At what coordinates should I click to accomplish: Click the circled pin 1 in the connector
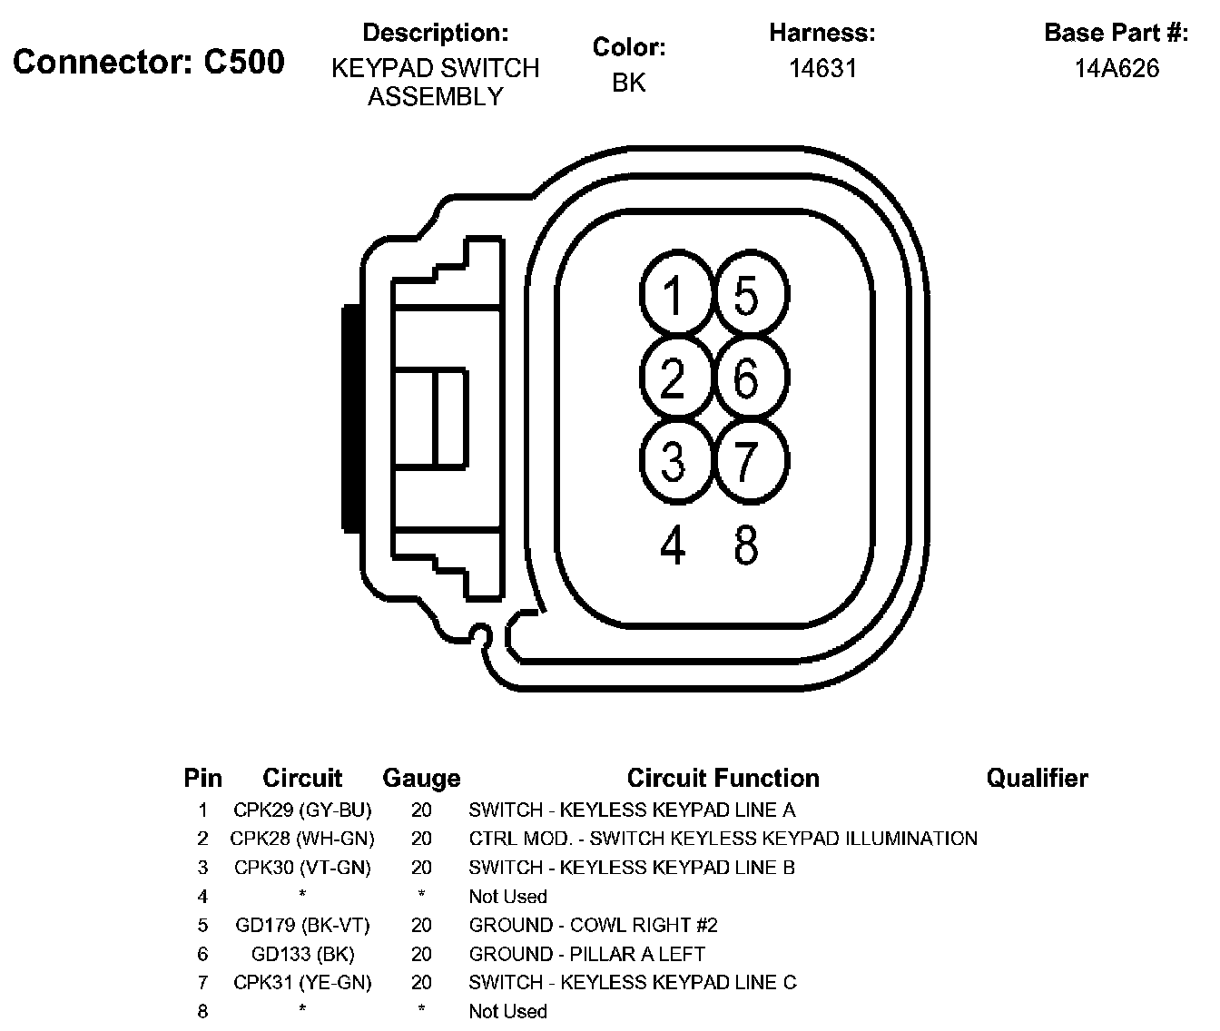673,296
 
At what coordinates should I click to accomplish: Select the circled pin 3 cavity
673,460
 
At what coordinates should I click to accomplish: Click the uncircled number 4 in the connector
673,545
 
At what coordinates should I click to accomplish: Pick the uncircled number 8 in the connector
746,545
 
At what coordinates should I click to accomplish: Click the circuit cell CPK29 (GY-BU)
302,810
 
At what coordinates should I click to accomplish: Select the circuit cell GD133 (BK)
302,954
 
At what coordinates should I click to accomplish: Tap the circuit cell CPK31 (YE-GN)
302,982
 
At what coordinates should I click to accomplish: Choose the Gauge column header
421,779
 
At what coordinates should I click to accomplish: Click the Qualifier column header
1037,778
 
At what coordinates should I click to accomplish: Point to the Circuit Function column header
723,778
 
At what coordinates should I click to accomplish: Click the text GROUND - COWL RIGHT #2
593,925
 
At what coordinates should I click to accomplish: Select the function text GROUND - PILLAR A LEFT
586,954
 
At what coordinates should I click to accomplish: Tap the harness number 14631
822,68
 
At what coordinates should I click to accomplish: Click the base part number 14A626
1117,68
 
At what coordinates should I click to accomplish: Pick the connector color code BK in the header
628,83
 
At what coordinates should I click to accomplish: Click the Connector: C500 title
149,62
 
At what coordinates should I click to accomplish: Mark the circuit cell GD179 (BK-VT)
302,925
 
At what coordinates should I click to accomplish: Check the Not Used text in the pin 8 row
507,1011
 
